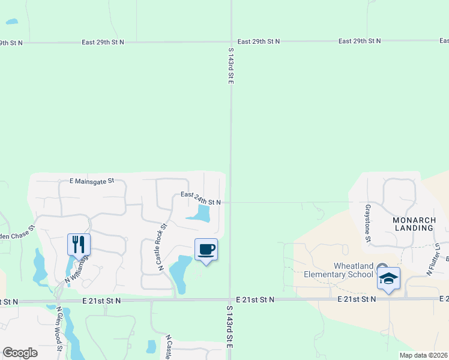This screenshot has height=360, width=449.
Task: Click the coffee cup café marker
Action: [206, 249]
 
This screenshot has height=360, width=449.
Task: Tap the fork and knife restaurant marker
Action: [79, 244]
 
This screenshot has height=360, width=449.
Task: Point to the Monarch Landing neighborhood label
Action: [414, 224]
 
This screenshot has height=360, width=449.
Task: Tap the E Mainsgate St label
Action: [91, 180]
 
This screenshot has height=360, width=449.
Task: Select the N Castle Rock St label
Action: [162, 247]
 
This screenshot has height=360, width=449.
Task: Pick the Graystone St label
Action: [367, 224]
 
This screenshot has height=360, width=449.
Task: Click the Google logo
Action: [20, 353]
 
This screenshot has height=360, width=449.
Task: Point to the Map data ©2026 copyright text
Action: [423, 355]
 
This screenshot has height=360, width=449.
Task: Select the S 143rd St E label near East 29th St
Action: [231, 66]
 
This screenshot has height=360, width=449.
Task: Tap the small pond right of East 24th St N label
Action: [199, 214]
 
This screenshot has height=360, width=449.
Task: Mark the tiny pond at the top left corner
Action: [12, 22]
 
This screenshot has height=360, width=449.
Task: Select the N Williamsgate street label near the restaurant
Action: [78, 270]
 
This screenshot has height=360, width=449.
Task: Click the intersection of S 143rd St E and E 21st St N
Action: [231, 299]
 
